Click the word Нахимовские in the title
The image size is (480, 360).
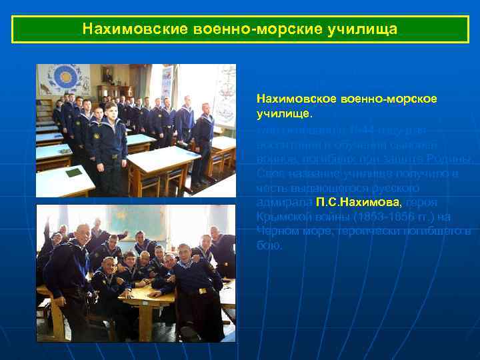tap(129, 30)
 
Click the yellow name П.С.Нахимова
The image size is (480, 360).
tap(359, 202)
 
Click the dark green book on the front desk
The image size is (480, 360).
tap(73, 173)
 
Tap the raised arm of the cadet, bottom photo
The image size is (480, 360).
tap(45, 230)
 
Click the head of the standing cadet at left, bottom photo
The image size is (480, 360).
tap(81, 235)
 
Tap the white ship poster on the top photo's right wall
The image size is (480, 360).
tap(225, 93)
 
